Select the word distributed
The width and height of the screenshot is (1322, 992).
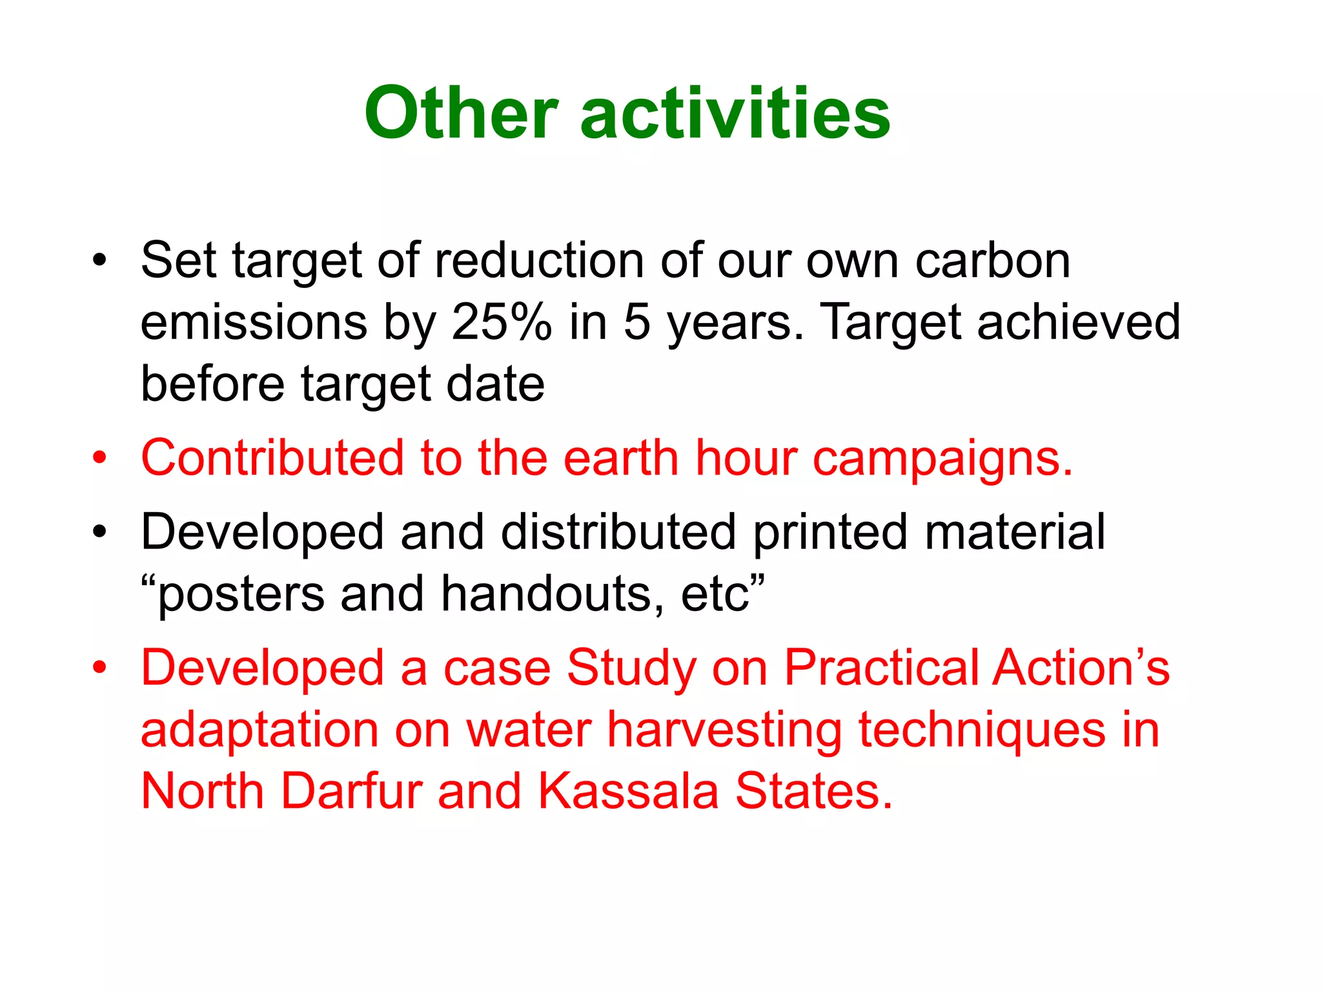coord(618,532)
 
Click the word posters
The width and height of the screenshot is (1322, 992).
coord(241,595)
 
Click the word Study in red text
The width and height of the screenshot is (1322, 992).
coord(631,668)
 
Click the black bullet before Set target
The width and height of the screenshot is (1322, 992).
coord(99,261)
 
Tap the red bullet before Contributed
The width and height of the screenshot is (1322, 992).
coord(99,458)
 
